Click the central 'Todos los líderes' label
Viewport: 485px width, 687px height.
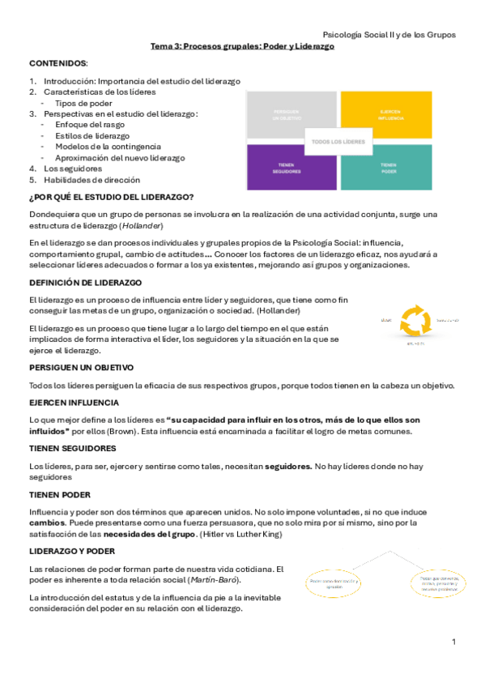[338, 141]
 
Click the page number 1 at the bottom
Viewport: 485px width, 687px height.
[454, 642]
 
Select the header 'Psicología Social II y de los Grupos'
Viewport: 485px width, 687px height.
[389, 35]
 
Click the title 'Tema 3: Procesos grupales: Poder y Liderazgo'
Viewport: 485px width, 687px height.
[242, 47]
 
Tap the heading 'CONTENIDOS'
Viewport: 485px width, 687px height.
[58, 62]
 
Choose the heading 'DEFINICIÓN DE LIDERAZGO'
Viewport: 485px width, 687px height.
[85, 282]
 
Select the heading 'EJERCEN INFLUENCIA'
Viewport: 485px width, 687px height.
[74, 403]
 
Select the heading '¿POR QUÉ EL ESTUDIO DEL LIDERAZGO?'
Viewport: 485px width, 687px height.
[111, 197]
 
